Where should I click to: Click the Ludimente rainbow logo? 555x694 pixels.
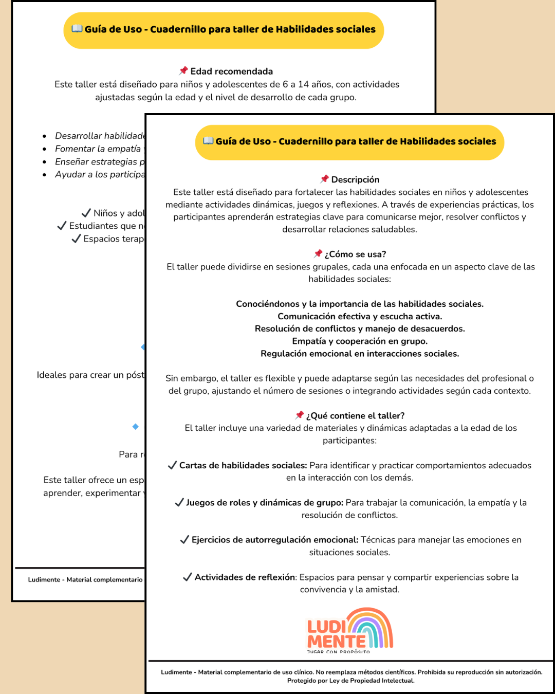coord(350,629)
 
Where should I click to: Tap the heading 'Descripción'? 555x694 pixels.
coord(355,179)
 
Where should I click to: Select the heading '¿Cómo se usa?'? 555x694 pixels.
coord(355,254)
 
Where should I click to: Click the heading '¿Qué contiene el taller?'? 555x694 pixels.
coord(355,415)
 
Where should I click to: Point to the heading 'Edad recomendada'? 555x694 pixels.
coord(231,71)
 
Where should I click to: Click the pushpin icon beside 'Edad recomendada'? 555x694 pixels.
coord(183,71)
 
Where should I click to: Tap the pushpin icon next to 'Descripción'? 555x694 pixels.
coord(324,179)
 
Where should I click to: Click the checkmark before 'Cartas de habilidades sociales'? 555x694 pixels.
coord(172,465)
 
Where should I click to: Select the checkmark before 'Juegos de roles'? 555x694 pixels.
coord(179,502)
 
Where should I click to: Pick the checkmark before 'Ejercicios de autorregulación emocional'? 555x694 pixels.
coord(184,539)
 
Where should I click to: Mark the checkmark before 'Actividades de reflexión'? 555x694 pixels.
coord(188,577)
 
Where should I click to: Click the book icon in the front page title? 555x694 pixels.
coord(208,141)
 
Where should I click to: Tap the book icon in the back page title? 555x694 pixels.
coord(77,29)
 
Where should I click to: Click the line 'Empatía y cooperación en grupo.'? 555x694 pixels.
coord(360,341)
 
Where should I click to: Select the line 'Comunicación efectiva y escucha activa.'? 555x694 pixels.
coord(360,316)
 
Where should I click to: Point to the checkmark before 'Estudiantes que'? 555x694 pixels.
coord(62,226)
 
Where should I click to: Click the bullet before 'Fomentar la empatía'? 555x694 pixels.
coord(45,149)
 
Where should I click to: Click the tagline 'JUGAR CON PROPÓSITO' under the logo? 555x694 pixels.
coord(338,652)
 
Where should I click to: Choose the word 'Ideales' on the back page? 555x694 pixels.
coord(51,375)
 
